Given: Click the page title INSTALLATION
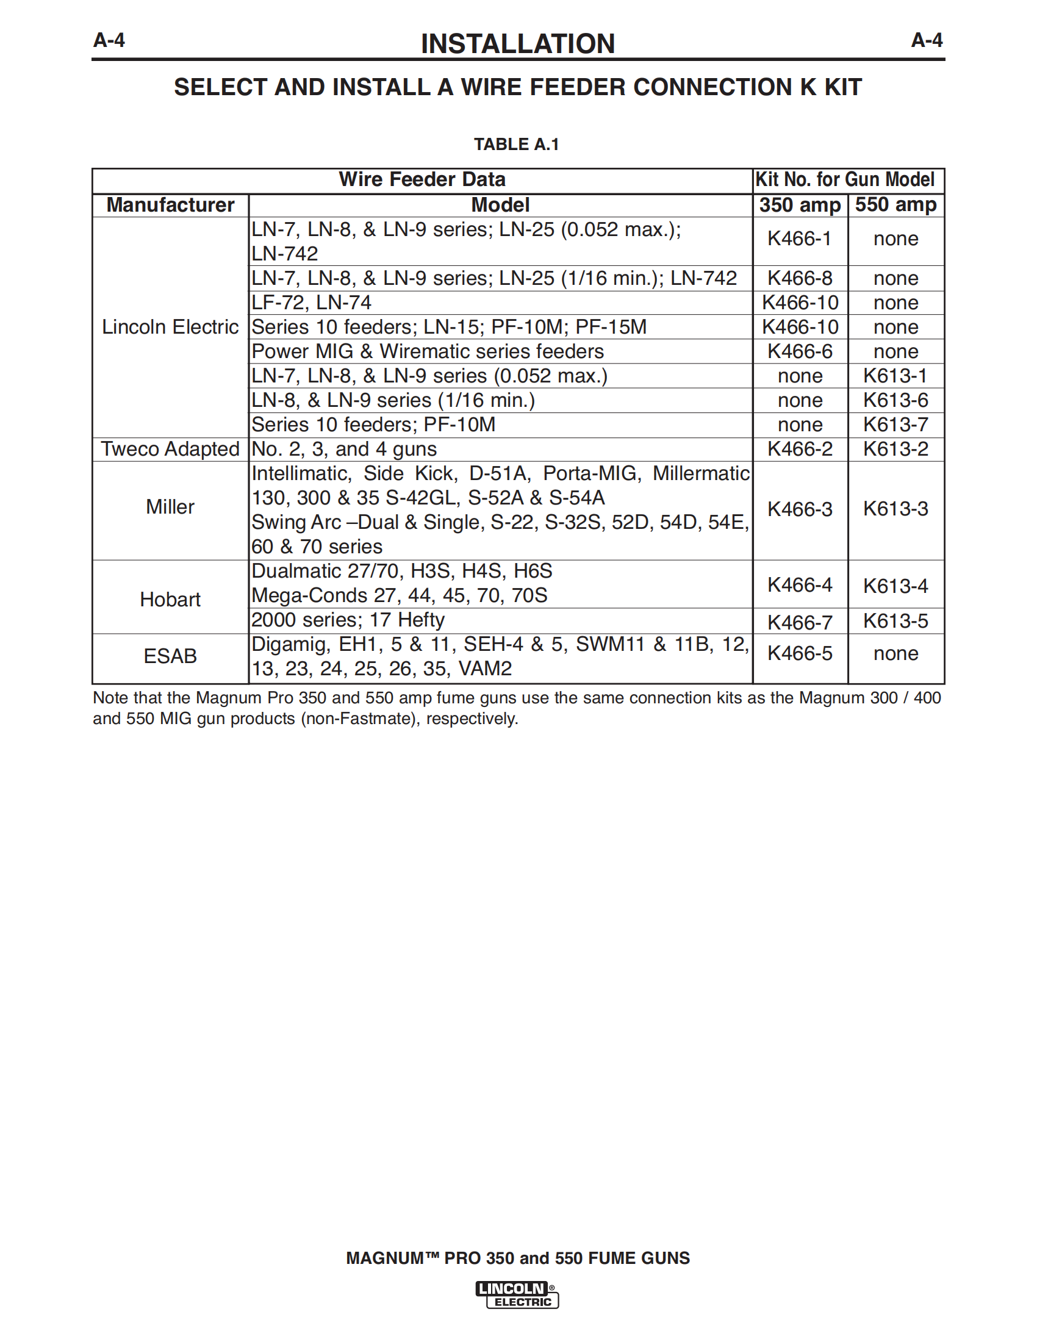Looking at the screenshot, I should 517,44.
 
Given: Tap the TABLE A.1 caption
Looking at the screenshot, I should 516,145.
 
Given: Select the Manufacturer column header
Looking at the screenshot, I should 170,205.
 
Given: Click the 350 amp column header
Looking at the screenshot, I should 799,205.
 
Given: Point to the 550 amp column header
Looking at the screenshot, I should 895,204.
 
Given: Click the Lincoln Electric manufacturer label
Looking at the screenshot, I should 170,327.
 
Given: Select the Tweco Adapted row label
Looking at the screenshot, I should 170,449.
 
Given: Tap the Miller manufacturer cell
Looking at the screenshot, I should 170,507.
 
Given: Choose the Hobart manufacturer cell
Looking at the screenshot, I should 170,599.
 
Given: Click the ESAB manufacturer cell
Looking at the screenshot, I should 170,656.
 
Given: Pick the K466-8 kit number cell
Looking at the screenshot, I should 799,278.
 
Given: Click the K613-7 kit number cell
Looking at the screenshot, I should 895,425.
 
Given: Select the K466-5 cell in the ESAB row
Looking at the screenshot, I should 799,653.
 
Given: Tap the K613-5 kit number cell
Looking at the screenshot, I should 895,621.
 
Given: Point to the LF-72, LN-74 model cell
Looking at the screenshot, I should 312,303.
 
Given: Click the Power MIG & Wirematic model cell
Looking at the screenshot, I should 428,351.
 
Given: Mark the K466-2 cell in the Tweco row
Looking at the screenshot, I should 799,449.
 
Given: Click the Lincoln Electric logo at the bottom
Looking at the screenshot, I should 517,1294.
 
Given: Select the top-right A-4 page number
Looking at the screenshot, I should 927,40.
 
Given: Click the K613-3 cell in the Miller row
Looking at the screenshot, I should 895,509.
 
